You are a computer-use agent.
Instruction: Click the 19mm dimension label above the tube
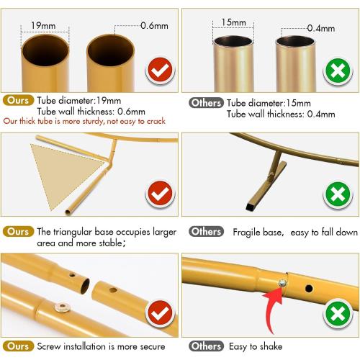(43, 25)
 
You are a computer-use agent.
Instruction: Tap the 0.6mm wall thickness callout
(154, 25)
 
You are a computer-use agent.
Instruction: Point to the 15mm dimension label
(233, 22)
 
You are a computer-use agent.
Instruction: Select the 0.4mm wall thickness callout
(321, 28)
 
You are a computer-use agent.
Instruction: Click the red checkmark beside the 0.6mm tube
(160, 70)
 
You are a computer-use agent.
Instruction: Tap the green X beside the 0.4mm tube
(338, 71)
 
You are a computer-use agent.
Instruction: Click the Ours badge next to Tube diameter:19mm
(18, 100)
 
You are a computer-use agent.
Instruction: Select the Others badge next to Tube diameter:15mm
(206, 103)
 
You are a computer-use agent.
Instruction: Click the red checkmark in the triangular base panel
(160, 194)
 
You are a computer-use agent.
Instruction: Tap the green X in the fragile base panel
(338, 194)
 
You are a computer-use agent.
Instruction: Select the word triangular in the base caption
(73, 232)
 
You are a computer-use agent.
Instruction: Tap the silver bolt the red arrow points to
(282, 283)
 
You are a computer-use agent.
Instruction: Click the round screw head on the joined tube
(62, 307)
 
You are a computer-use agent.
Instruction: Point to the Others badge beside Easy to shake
(206, 346)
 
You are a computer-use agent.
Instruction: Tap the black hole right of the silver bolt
(309, 288)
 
